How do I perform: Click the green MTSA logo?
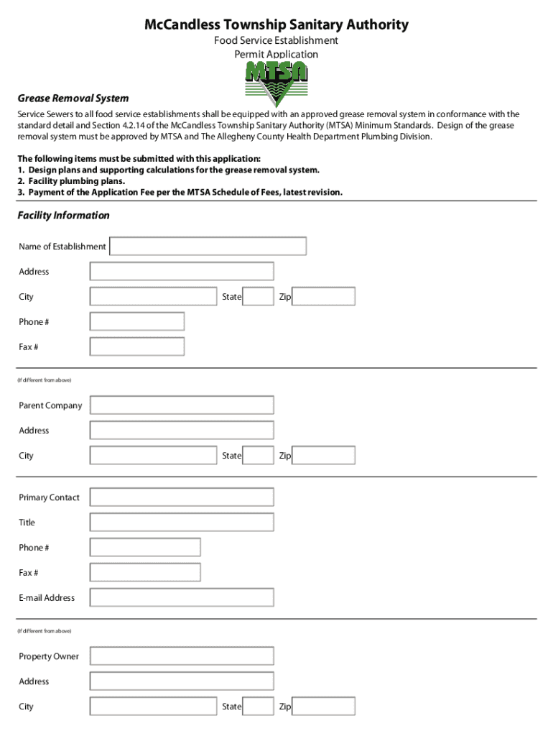click(276, 83)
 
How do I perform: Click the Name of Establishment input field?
click(208, 247)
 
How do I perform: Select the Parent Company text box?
click(181, 405)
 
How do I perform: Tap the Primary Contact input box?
click(181, 497)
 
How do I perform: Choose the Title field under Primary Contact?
click(181, 523)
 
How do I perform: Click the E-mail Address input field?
click(181, 597)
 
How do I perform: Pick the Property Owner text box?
click(181, 656)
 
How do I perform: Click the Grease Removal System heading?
click(73, 98)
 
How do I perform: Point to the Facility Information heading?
click(64, 216)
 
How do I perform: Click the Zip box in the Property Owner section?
click(324, 707)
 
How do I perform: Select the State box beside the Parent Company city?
click(258, 456)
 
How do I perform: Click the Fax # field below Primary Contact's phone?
click(144, 573)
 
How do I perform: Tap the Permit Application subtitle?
click(276, 55)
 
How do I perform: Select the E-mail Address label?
click(47, 598)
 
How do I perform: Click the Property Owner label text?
click(49, 657)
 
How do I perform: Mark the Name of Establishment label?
click(62, 247)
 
